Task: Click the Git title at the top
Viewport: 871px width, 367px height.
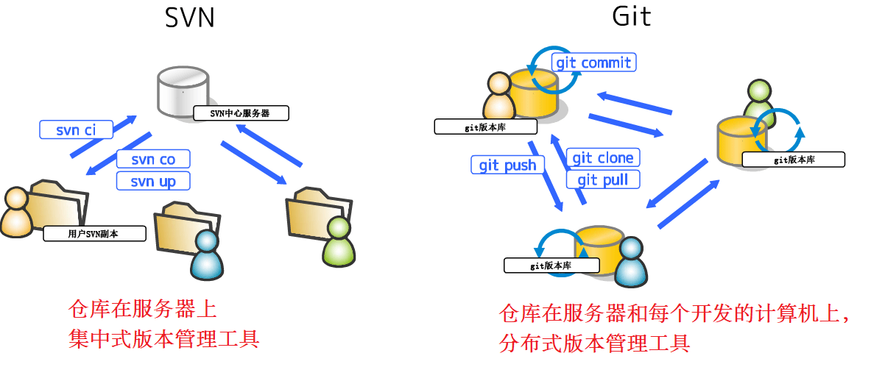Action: tap(632, 16)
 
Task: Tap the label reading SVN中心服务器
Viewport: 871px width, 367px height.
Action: tap(240, 113)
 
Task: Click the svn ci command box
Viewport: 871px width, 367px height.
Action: tap(76, 130)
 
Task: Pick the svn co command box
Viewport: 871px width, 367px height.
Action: tap(153, 159)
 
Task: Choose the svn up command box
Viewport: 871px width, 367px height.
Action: tap(153, 181)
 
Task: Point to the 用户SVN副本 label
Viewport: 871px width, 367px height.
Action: tap(95, 235)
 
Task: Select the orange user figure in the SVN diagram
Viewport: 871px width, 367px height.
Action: tap(17, 213)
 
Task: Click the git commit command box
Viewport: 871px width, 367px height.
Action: tap(593, 63)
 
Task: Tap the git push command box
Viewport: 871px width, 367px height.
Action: tap(507, 165)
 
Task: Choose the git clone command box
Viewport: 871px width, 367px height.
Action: tap(602, 157)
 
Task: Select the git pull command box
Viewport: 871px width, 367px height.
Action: tap(602, 179)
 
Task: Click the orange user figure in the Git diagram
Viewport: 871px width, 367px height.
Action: tap(498, 96)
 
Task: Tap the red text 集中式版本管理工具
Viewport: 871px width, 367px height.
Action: tap(163, 339)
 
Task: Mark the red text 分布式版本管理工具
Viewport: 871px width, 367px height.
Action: tap(593, 343)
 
